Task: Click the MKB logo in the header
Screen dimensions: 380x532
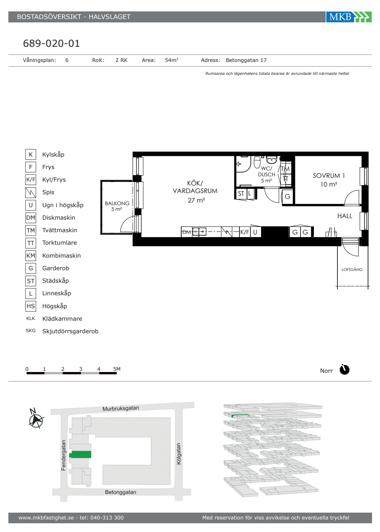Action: click(x=349, y=17)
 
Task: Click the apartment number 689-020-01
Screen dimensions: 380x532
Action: click(x=51, y=43)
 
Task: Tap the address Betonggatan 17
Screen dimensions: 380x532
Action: click(x=246, y=60)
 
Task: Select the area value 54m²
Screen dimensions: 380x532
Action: click(x=171, y=60)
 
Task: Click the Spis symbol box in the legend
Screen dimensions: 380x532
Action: click(x=31, y=192)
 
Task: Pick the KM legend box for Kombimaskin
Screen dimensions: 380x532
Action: click(x=31, y=255)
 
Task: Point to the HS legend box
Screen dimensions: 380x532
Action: click(x=31, y=306)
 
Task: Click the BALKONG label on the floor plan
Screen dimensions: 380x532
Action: click(x=117, y=203)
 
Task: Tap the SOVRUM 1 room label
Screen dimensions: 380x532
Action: click(x=329, y=176)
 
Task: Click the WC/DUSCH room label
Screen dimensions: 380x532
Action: click(x=266, y=171)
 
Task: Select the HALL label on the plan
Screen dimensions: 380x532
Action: click(x=345, y=216)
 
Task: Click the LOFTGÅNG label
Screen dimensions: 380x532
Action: click(x=352, y=269)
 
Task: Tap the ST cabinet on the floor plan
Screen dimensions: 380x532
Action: click(x=241, y=194)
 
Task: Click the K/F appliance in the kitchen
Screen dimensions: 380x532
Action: click(x=245, y=232)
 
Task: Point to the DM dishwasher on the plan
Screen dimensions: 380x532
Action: click(x=187, y=232)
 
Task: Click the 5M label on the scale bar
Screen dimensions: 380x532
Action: click(x=117, y=369)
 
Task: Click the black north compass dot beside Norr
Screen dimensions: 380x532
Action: click(x=344, y=370)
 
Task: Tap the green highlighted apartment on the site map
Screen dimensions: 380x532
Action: click(x=80, y=454)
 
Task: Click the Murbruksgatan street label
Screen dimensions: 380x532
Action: click(x=121, y=408)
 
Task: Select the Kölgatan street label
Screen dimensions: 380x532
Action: click(x=179, y=454)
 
